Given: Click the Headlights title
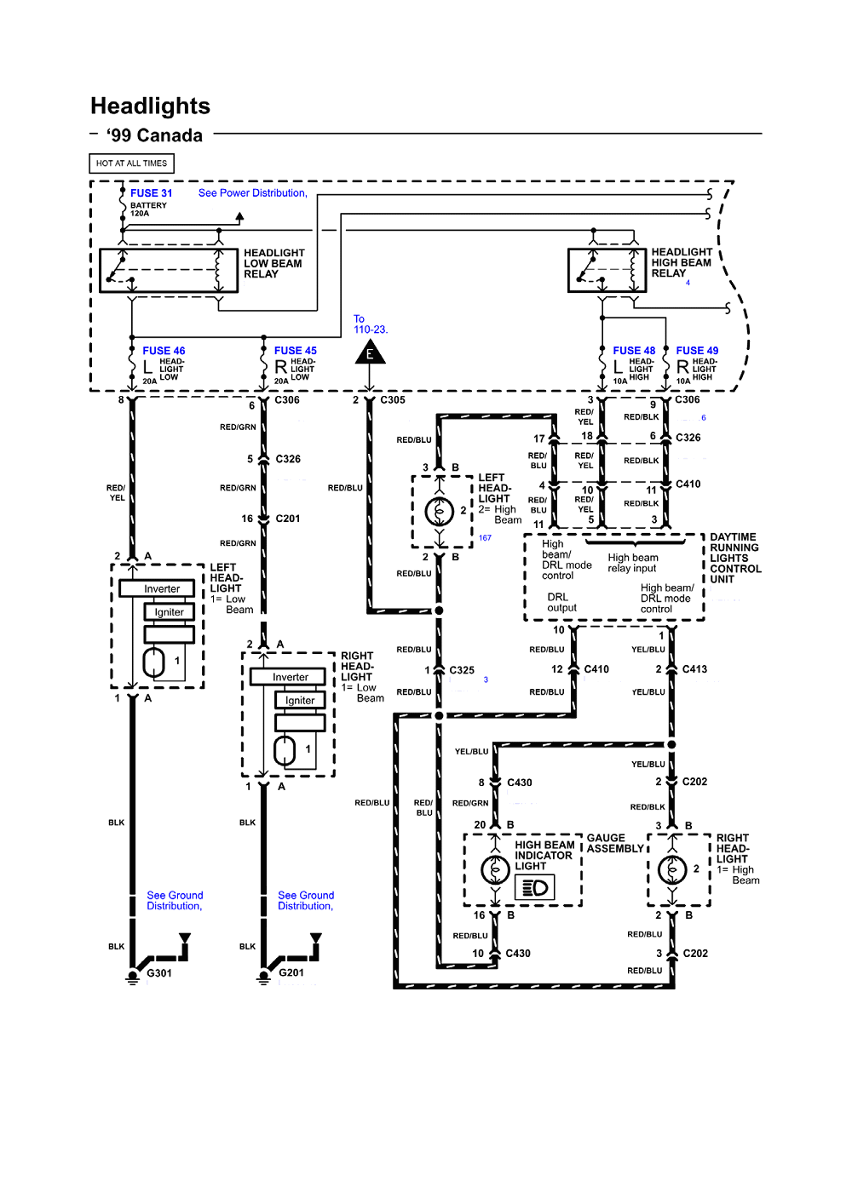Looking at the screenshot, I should (150, 106).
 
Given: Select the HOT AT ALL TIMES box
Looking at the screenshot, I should (131, 163).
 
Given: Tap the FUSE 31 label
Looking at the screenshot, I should (151, 193).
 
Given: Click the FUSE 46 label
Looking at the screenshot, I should (164, 351).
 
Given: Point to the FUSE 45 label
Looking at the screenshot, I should (295, 351).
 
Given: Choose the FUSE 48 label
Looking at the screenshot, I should (634, 351).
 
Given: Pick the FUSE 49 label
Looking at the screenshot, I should (697, 351).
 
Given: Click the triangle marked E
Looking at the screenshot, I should (370, 353).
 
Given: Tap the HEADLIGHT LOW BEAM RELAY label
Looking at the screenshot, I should (273, 264).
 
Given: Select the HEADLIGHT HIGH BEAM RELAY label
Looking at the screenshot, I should (681, 263).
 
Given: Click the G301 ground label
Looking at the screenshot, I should (159, 973).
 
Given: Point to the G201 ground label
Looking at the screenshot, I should (291, 973).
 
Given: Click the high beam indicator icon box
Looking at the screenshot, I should (535, 888).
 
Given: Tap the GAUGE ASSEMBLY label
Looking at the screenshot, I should (615, 844).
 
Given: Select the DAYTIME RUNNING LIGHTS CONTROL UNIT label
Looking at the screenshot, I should (734, 559).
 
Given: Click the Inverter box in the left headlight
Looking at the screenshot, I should (162, 589).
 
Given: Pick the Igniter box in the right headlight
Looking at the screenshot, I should (300, 701).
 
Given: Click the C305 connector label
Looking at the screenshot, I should (393, 400).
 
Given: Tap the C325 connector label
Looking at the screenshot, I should (462, 671).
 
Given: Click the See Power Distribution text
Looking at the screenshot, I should (253, 193).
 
